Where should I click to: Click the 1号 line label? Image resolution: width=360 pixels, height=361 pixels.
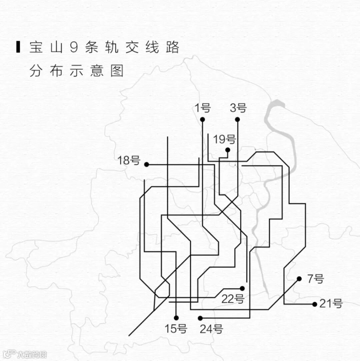(x=203, y=108)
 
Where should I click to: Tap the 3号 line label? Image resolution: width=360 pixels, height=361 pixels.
(x=238, y=108)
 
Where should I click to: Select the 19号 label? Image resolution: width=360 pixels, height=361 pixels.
(x=224, y=139)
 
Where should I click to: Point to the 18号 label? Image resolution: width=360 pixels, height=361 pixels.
(x=129, y=160)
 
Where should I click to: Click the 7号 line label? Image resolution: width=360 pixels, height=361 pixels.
(x=315, y=279)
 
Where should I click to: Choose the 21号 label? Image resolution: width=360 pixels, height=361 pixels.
(x=331, y=304)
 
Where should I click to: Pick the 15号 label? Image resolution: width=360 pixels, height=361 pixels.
(x=176, y=329)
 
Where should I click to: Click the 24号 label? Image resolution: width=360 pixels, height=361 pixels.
(x=211, y=329)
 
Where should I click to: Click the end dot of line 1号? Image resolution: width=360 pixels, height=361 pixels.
(x=202, y=119)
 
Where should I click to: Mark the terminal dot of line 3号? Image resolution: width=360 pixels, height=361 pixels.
(x=237, y=119)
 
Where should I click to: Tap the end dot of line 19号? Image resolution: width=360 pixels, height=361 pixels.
(x=228, y=150)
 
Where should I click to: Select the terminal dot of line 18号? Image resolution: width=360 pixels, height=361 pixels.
(x=146, y=164)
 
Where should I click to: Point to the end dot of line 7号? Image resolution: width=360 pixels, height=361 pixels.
(x=299, y=279)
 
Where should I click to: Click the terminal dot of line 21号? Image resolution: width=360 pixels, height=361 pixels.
(x=315, y=304)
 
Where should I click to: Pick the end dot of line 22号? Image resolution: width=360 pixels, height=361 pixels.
(x=242, y=288)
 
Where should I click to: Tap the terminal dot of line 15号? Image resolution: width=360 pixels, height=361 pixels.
(x=176, y=318)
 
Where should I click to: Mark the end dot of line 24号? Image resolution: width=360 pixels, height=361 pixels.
(x=200, y=318)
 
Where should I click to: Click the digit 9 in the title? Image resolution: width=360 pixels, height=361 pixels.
(x=74, y=47)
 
